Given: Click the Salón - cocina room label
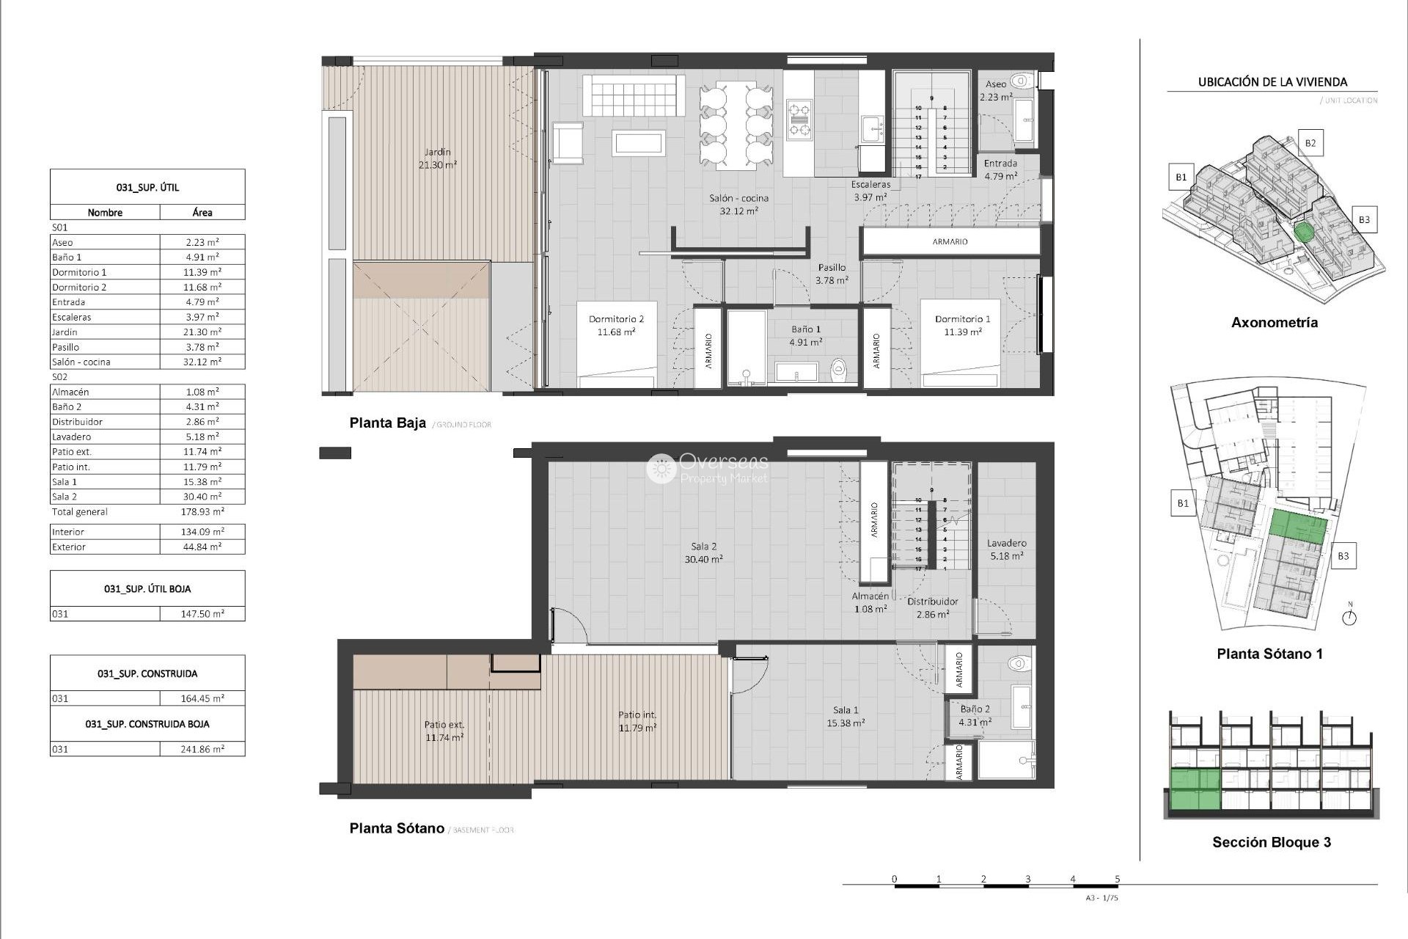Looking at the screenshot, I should [x=738, y=204].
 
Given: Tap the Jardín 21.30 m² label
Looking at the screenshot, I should [x=437, y=158].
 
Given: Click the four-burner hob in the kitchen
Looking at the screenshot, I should [x=799, y=120].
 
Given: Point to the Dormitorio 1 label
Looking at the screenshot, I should [x=962, y=325].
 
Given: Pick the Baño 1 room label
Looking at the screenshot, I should [x=805, y=335].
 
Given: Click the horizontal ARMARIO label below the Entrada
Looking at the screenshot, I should [x=950, y=241].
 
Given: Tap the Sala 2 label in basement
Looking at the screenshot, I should [x=703, y=552].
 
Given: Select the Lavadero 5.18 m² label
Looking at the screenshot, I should [x=1006, y=549].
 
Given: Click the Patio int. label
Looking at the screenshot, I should [x=637, y=720].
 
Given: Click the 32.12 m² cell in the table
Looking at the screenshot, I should [x=202, y=362].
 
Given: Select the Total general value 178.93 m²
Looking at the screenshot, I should [x=202, y=512].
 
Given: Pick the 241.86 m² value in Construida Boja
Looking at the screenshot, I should [x=202, y=749].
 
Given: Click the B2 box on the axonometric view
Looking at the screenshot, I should [x=1310, y=143].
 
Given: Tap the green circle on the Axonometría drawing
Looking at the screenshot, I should [x=1303, y=233].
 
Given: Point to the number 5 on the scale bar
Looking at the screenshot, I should [x=1117, y=879].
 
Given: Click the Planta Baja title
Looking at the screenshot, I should [x=387, y=423].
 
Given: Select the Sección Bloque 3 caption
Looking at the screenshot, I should [x=1272, y=842].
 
